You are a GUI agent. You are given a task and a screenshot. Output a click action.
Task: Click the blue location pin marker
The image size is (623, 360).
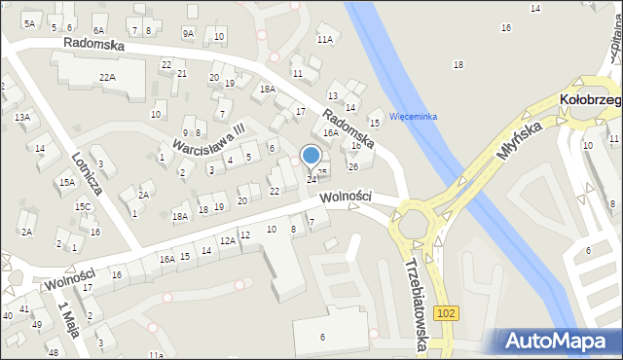tap(311, 156)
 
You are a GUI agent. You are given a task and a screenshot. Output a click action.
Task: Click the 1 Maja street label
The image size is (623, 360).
tap(69, 318)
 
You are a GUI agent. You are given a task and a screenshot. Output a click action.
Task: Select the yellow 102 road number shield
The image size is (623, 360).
tap(446, 312)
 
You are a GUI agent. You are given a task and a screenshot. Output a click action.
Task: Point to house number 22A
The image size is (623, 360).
tap(107, 77)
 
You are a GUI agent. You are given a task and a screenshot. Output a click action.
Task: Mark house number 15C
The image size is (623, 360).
tap(84, 206)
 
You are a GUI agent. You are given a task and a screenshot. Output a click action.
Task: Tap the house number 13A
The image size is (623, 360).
tap(21, 117)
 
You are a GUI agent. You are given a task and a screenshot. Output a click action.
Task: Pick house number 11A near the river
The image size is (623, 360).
tap(324, 40)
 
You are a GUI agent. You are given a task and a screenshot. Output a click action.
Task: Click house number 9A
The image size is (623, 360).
tap(188, 33)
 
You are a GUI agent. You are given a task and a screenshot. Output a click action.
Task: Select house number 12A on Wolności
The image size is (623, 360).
tap(226, 240)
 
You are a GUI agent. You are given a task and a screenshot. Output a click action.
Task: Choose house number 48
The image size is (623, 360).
tap(53, 352)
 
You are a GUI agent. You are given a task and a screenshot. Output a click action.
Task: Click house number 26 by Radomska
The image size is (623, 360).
tap(353, 166)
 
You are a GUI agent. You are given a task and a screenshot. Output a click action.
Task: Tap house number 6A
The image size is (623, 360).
tap(98, 31)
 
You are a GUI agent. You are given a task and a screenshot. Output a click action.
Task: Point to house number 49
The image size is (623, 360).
tap(37, 324)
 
